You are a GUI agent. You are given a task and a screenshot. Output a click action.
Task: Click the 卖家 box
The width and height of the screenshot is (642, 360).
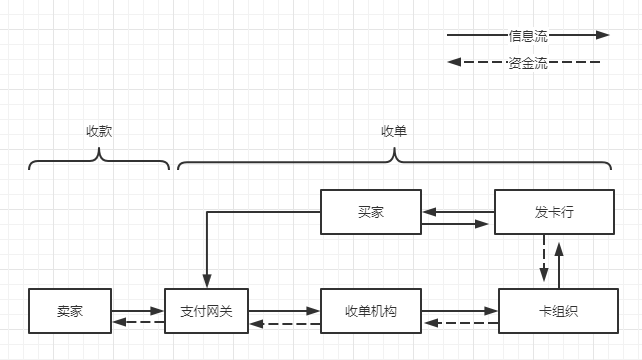(x=70, y=311)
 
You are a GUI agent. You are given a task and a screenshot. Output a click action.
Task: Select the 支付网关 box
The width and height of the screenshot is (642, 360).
(x=206, y=311)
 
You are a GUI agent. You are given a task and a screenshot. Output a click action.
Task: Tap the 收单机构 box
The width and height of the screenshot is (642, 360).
(x=371, y=311)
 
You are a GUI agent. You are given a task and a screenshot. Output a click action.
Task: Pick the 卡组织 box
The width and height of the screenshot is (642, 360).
(x=551, y=311)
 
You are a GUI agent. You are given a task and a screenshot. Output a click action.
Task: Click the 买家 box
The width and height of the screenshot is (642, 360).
(x=371, y=212)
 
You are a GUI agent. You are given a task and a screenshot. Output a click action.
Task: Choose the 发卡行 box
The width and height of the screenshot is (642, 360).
(x=551, y=212)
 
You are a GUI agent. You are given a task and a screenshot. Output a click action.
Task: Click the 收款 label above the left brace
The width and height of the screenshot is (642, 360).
(x=99, y=131)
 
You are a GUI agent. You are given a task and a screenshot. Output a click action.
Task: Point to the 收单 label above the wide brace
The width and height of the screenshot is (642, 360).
(x=395, y=131)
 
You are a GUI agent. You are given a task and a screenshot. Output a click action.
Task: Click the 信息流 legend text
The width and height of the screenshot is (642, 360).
(x=528, y=35)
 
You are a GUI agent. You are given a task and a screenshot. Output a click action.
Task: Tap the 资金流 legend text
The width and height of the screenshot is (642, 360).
(x=528, y=63)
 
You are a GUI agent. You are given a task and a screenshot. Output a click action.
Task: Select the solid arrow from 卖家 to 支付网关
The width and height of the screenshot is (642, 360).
(x=138, y=311)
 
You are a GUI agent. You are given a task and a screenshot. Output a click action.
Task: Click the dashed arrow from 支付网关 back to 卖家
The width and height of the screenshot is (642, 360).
(x=138, y=322)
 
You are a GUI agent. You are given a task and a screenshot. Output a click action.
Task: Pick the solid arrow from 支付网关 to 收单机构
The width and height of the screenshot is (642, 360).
(x=284, y=311)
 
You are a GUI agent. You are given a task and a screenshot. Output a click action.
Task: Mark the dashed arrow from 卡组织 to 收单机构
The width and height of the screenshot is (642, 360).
(x=460, y=322)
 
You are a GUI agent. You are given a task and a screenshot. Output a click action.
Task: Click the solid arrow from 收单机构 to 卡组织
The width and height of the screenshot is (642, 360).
(x=460, y=311)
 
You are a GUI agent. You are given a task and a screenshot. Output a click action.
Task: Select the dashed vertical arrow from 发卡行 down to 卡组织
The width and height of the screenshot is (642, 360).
(x=543, y=260)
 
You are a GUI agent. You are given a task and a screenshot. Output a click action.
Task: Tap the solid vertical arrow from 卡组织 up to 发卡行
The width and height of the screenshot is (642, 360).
(x=559, y=260)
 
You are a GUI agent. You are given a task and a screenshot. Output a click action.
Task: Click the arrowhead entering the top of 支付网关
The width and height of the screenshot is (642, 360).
(x=206, y=281)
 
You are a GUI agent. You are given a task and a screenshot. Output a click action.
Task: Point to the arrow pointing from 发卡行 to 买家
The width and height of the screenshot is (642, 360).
(x=458, y=211)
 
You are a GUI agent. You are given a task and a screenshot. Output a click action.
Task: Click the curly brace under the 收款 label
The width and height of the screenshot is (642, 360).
(x=99, y=160)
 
